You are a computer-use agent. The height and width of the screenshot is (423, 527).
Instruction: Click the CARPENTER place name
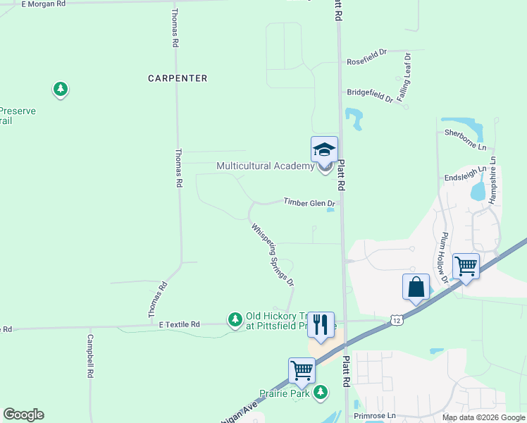[178, 78]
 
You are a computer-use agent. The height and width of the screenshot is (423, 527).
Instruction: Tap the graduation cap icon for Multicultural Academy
[324, 149]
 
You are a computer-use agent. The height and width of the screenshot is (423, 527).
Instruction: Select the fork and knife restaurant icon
[321, 324]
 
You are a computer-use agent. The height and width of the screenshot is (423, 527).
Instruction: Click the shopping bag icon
[416, 287]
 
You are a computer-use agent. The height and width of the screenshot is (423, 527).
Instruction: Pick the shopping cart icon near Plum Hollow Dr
[466, 266]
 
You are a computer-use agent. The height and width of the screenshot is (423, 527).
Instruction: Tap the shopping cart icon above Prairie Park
[302, 370]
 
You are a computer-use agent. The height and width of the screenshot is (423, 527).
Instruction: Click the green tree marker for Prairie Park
[321, 391]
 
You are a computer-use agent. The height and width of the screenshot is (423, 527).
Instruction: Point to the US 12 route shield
[397, 321]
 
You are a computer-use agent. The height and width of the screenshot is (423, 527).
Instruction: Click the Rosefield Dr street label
[367, 62]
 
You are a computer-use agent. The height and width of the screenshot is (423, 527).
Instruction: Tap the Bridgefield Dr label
[370, 95]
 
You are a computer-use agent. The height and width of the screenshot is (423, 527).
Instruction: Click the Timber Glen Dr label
[309, 202]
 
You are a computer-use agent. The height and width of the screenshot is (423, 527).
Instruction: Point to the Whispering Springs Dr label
[273, 255]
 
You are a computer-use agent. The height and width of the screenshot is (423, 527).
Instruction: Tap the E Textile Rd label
[180, 324]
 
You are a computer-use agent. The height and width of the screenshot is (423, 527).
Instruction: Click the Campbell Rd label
[90, 357]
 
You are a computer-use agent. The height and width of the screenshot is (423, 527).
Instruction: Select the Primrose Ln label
[375, 417]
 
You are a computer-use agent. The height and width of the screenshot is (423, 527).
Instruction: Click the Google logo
[23, 415]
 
